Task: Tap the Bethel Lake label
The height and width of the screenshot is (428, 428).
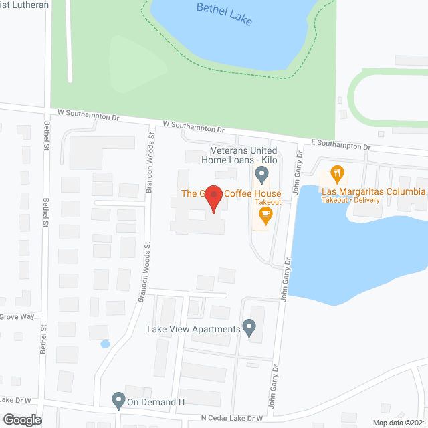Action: point(224,13)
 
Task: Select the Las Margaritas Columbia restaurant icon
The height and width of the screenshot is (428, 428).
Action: point(337,175)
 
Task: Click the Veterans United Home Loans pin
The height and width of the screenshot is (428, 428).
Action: point(262,176)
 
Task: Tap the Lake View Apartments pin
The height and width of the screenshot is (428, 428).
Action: point(249,328)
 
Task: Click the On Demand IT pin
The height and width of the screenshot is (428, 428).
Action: point(119,400)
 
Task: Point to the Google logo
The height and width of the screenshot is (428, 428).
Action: point(22,419)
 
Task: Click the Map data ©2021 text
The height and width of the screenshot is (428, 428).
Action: point(399,422)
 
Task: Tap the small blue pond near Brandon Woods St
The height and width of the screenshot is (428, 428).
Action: point(105,344)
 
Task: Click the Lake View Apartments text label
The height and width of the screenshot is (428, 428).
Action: point(193,329)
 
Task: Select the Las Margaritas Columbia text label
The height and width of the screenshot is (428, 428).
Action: point(374,192)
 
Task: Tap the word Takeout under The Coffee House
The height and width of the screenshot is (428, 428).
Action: point(267,202)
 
